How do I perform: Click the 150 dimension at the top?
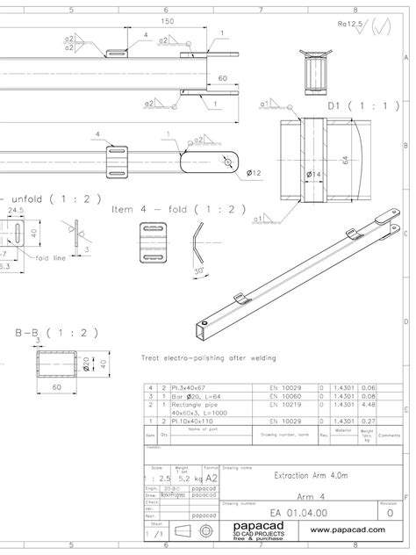tap(167, 21)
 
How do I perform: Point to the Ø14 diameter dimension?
tap(314, 175)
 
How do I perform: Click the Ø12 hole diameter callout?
tap(255, 172)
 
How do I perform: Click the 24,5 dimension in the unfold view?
tap(15, 211)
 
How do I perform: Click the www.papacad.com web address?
tap(355, 530)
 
